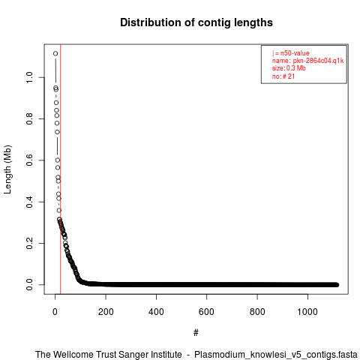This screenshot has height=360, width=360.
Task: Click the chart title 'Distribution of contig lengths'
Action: point(196,22)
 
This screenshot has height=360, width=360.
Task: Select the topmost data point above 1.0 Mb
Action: point(55,53)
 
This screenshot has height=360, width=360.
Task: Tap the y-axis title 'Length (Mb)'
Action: point(7,169)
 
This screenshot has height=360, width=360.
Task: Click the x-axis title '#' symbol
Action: point(196,333)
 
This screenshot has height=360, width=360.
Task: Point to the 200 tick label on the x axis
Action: point(106,312)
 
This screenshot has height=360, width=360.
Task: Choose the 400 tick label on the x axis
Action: point(156,312)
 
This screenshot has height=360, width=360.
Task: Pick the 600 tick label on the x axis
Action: point(206,312)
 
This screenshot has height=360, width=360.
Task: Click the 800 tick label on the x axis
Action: point(257,312)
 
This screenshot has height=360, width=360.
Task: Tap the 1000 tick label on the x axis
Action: point(307,312)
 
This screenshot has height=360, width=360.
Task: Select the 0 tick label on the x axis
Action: point(55,312)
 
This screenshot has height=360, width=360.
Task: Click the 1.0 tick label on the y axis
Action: point(29,77)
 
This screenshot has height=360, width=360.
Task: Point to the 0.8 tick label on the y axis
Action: point(29,118)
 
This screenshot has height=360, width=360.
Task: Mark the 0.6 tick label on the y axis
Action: point(29,160)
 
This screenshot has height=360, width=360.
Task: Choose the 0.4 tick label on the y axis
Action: point(29,202)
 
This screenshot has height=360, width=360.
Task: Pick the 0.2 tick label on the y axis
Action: point(29,243)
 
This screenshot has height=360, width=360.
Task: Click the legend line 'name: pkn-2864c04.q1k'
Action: point(308,61)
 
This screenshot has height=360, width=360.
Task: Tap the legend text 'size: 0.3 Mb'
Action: point(289,68)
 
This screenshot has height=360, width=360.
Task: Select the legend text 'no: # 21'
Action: point(283,76)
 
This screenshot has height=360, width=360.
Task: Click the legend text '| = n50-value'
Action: point(291,53)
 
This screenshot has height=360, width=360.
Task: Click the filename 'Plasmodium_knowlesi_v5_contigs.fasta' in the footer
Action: point(276,355)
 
